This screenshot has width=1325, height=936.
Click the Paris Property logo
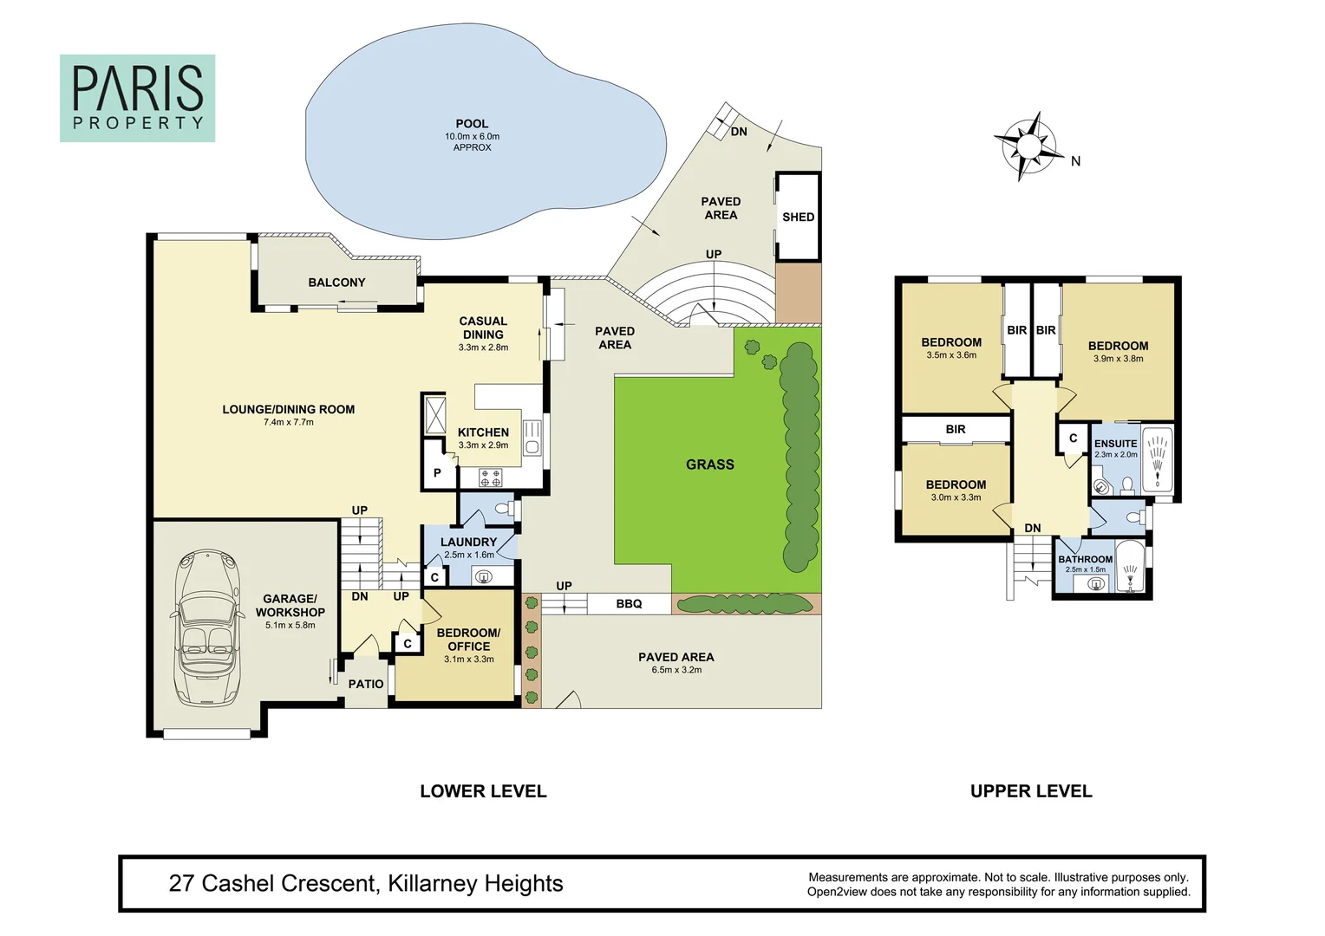pos(137,98)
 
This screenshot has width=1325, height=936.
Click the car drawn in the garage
pos(206,627)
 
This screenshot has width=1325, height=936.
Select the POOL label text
pos(472,124)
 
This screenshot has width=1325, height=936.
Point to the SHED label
pos(798,217)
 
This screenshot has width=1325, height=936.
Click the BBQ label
pos(629,603)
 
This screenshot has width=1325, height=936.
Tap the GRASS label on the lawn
pos(709,465)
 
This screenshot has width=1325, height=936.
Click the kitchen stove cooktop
pos(491,477)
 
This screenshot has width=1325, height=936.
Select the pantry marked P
pos(437,472)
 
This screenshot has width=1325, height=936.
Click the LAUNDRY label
pos(468,542)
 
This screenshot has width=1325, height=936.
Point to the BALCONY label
pos(336,283)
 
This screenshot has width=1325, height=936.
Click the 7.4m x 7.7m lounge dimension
pos(289,422)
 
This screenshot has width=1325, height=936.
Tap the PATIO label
pos(366,684)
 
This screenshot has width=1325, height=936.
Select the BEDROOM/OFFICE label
pos(468,640)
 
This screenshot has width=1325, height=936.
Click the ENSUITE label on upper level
pos(1115,443)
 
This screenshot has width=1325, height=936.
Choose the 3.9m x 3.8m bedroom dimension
pos(1118,359)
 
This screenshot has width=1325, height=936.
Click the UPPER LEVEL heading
pos(1031,790)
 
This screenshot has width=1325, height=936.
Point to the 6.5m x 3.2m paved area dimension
pos(676,670)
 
